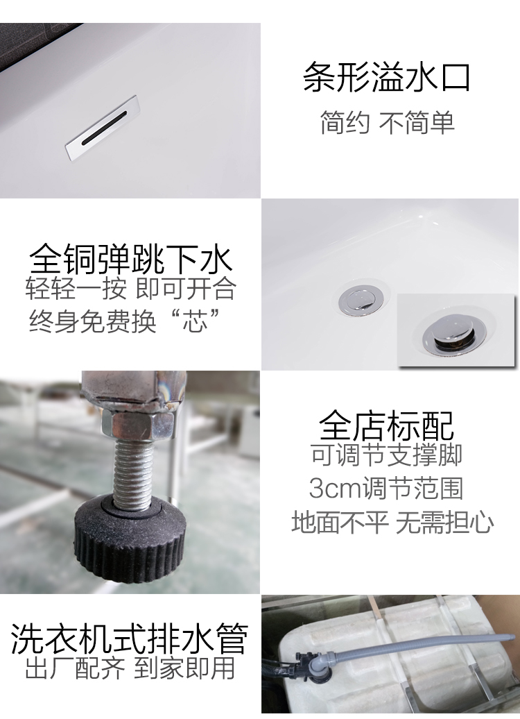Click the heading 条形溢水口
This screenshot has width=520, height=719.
[387, 78]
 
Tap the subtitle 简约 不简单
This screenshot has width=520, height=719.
[387, 122]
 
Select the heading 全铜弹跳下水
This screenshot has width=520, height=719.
[130, 259]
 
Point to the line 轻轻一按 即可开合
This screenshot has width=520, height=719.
[130, 289]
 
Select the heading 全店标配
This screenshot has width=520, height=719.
[387, 425]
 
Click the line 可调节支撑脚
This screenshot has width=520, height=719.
[387, 454]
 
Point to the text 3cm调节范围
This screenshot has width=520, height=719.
[385, 488]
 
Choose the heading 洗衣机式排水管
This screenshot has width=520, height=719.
[129, 638]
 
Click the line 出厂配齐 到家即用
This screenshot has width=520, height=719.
[130, 668]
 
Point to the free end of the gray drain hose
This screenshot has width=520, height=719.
[511, 636]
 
